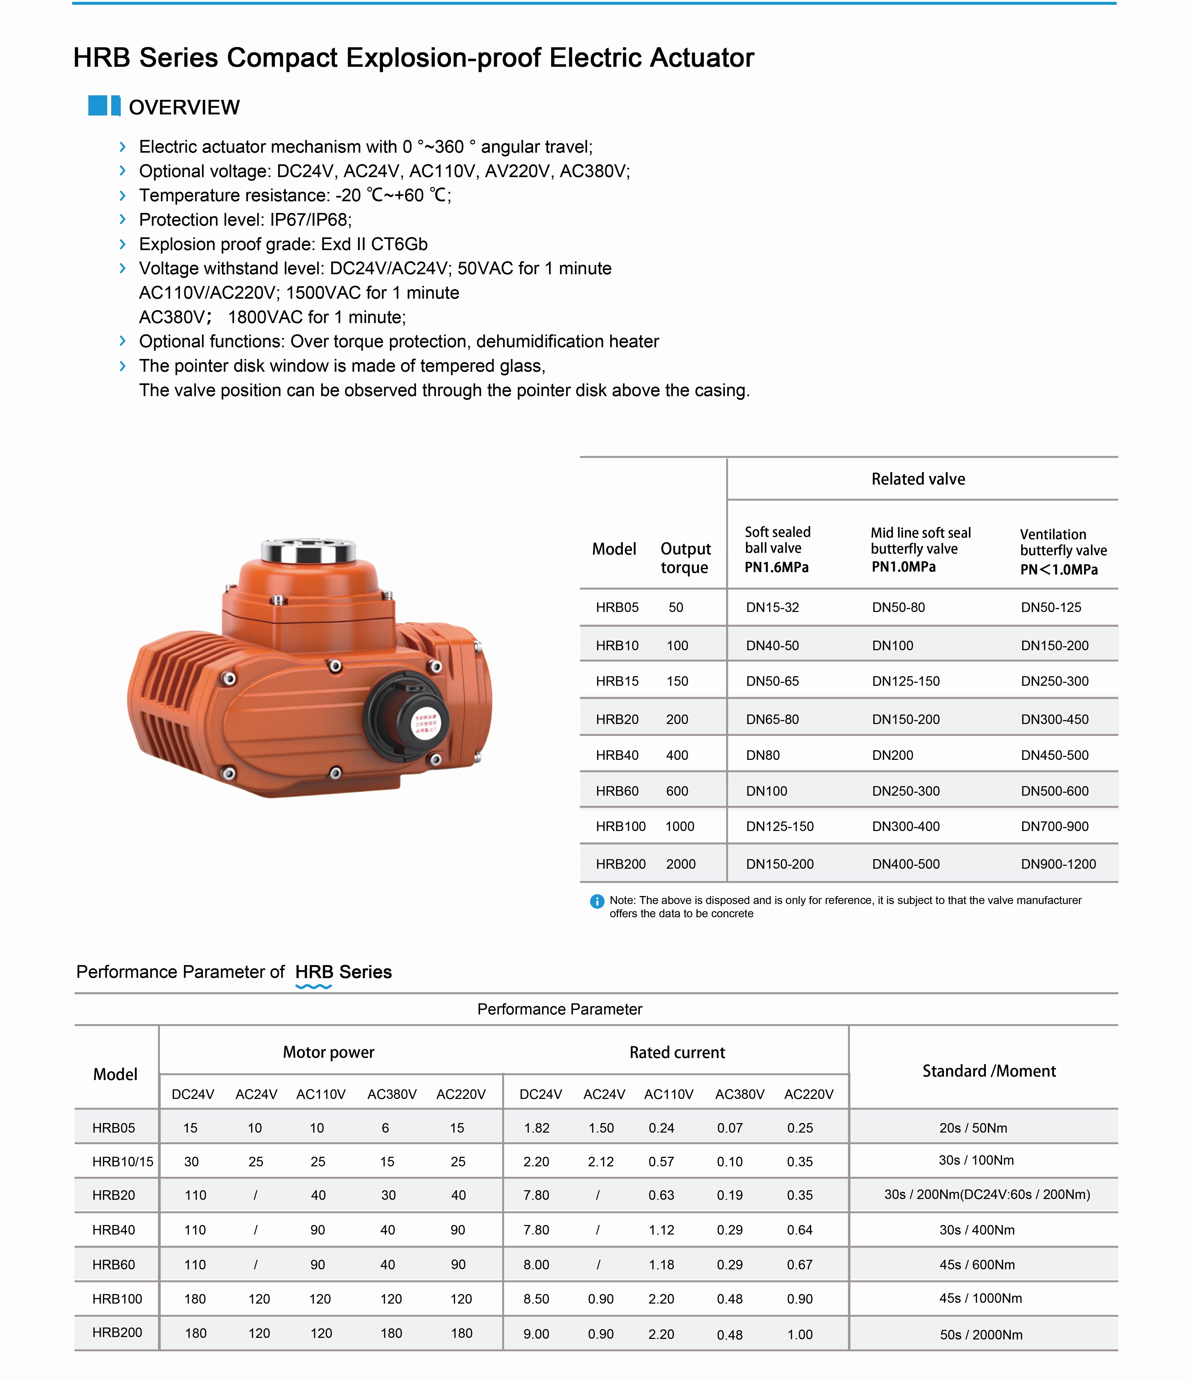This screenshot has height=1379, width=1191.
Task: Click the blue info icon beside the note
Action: (597, 901)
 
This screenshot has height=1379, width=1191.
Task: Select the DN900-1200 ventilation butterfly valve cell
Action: (1058, 864)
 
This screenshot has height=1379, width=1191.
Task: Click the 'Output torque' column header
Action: (685, 558)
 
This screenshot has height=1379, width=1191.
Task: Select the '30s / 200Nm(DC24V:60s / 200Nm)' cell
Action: (987, 1195)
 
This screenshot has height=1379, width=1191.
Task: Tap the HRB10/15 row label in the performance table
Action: (122, 1161)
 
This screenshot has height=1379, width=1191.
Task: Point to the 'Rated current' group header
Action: (677, 1052)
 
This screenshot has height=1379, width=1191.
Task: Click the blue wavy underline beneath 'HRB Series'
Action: (313, 986)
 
